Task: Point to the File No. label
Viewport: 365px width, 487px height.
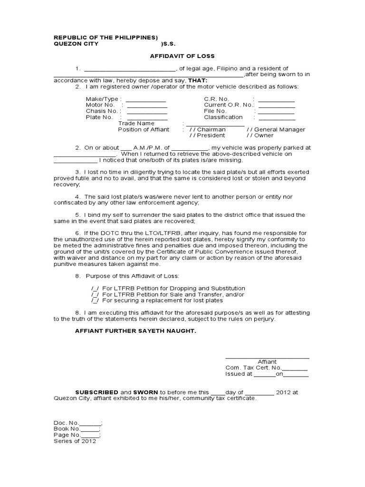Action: (x=215, y=111)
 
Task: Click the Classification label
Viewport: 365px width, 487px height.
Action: (x=223, y=117)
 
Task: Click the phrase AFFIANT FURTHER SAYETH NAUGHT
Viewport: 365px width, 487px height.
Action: (x=135, y=331)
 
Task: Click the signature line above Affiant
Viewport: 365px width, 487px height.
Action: (x=267, y=357)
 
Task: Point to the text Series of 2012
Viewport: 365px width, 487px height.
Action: (x=75, y=441)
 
